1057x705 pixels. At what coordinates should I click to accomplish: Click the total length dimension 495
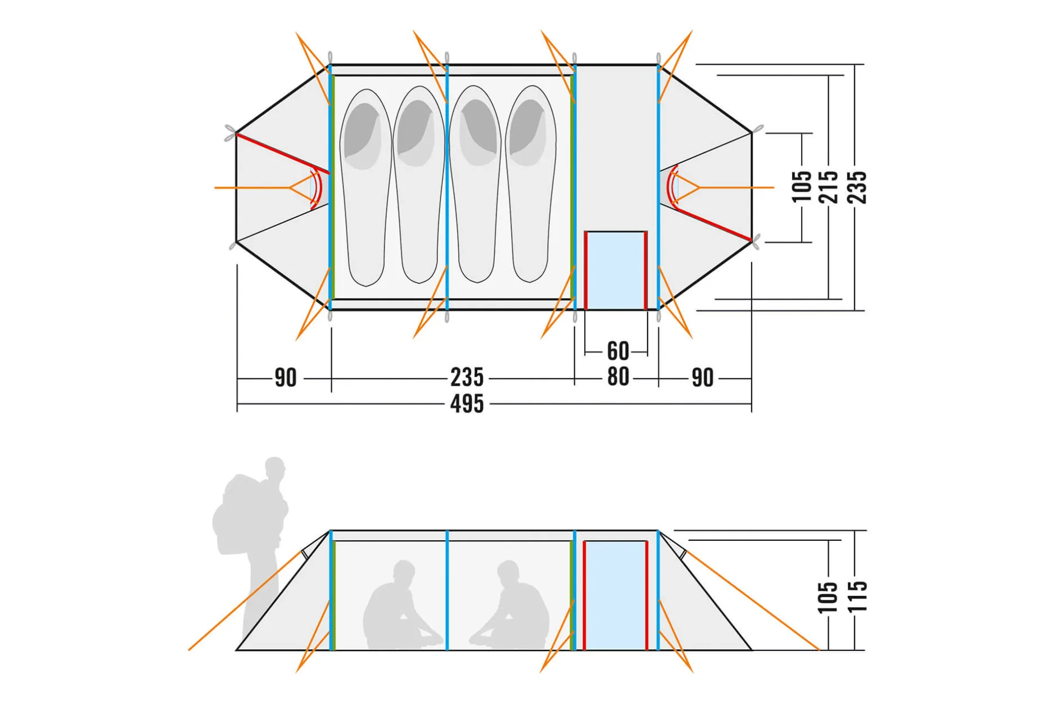[x=467, y=404]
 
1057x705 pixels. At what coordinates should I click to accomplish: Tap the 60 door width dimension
[x=618, y=351]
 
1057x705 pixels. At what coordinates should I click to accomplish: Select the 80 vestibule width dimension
[x=618, y=377]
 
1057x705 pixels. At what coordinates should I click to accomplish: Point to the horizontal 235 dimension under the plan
[x=467, y=377]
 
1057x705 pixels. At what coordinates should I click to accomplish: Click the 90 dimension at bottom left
[x=285, y=378]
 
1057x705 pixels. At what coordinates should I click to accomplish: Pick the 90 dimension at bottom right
[x=702, y=378]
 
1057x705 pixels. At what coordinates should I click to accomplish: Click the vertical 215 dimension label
[x=829, y=187]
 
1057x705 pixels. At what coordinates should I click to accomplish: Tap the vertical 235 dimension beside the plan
[x=857, y=187]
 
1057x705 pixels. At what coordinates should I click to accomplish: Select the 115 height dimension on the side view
[x=857, y=596]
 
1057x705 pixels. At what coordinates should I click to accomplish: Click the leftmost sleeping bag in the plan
[x=366, y=187]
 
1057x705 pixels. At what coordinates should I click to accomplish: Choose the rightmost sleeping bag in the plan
[x=530, y=184]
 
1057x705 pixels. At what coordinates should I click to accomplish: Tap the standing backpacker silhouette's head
[x=275, y=468]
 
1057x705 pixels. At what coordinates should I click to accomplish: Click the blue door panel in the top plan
[x=616, y=270]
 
